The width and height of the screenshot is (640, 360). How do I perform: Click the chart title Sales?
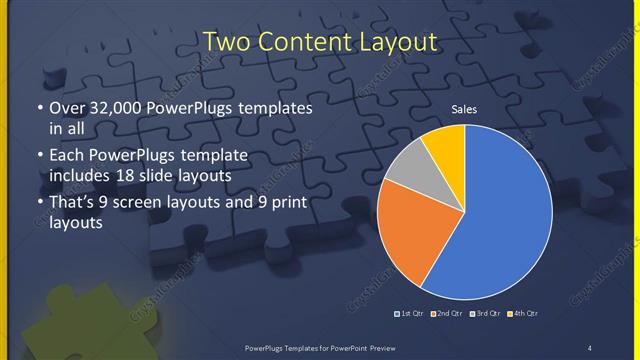[464, 108]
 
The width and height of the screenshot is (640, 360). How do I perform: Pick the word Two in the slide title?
[226, 41]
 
